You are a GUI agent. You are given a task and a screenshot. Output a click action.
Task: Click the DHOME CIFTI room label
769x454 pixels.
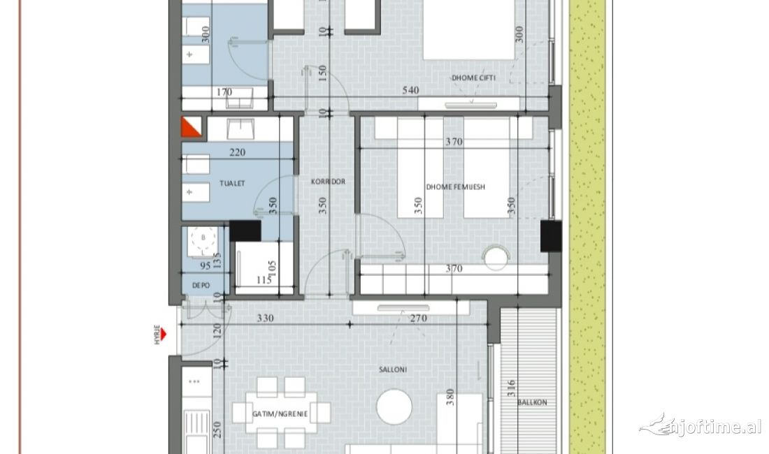(x=473, y=78)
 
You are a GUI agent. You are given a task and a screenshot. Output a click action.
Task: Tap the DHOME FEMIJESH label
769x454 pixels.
(x=455, y=186)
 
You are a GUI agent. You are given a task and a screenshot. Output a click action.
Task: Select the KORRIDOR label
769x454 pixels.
(x=328, y=182)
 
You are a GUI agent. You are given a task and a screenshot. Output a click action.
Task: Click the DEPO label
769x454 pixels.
(x=201, y=285)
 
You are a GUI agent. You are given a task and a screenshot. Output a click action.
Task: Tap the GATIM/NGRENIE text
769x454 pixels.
(x=280, y=413)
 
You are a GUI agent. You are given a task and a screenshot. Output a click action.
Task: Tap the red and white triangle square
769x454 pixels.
(x=192, y=127)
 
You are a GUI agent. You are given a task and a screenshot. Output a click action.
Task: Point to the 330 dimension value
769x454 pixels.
(x=265, y=318)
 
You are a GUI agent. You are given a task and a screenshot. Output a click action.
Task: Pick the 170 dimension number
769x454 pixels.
(x=224, y=91)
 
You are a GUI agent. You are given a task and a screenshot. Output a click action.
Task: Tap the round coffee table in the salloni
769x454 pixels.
(x=395, y=405)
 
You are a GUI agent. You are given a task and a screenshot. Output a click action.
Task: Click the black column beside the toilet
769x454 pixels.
(x=245, y=231)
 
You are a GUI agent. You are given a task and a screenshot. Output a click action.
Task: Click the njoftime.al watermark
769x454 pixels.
(x=701, y=425)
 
